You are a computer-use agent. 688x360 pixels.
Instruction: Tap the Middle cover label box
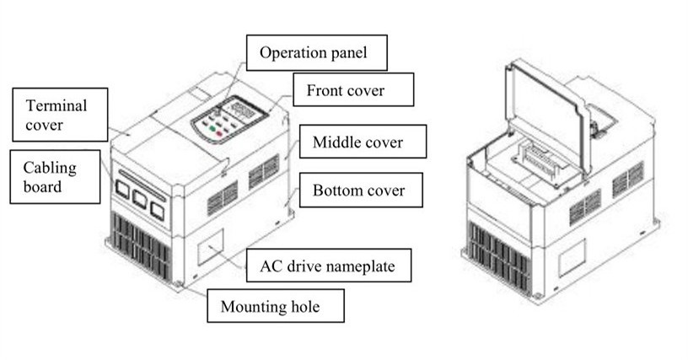coord(357,142)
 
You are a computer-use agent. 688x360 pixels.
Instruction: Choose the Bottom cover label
coord(357,190)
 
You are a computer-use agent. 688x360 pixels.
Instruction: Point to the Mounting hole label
coord(275,305)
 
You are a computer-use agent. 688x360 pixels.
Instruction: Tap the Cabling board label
coord(49,176)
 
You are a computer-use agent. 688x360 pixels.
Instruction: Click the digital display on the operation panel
coord(245,110)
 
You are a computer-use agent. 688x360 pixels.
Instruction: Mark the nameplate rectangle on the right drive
coord(572,256)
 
